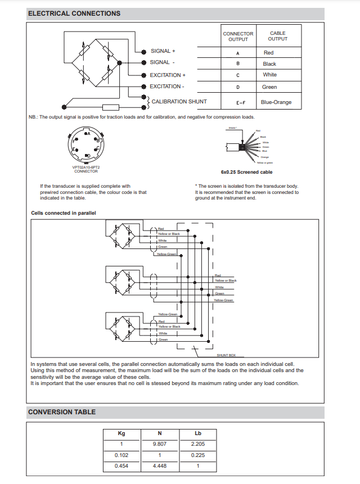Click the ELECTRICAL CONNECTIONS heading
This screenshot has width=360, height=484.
pyautogui.click(x=74, y=13)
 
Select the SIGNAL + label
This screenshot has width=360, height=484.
pyautogui.click(x=163, y=51)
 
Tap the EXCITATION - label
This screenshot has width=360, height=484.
pyautogui.click(x=166, y=87)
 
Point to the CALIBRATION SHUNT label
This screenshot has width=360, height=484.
pyautogui.click(x=179, y=102)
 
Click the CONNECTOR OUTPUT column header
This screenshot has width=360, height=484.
pyautogui.click(x=238, y=37)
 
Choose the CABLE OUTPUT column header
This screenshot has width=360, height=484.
pyautogui.click(x=277, y=37)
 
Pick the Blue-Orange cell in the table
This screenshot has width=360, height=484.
pyautogui.click(x=276, y=102)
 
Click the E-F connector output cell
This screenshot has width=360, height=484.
pyautogui.click(x=238, y=103)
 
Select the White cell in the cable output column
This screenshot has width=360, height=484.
pyautogui.click(x=269, y=75)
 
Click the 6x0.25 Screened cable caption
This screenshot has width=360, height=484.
pyautogui.click(x=246, y=173)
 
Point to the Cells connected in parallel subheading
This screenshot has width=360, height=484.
pyautogui.click(x=64, y=213)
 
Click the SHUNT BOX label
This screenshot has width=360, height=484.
pyautogui.click(x=226, y=356)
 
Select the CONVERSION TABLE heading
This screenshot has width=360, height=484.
pyautogui.click(x=62, y=412)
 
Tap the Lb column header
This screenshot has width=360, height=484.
pyautogui.click(x=197, y=433)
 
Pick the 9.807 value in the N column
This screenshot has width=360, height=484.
pyautogui.click(x=159, y=444)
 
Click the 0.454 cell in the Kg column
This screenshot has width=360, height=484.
pyautogui.click(x=121, y=465)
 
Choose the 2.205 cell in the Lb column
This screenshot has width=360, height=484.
pyautogui.click(x=197, y=444)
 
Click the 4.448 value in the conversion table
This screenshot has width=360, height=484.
pyautogui.click(x=159, y=465)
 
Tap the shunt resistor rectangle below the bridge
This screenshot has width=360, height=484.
pyautogui.click(x=110, y=107)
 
